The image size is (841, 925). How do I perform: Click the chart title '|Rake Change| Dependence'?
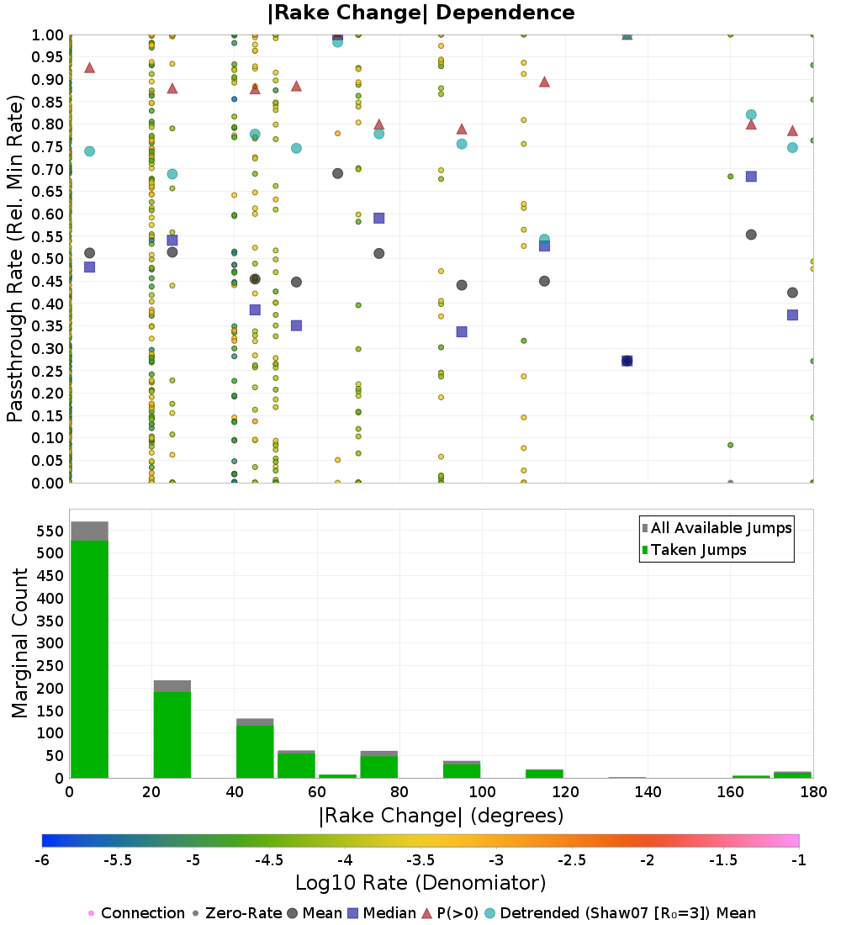pos(420,13)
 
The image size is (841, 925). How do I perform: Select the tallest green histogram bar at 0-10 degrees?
pos(90,659)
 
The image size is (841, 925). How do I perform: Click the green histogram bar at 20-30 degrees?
pos(172,735)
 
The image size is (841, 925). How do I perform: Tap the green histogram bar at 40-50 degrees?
pos(255,752)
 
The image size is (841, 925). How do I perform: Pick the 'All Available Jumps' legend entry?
pos(717,528)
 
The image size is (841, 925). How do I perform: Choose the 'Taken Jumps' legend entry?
pos(695,550)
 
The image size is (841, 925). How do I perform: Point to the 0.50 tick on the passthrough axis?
pos(47,259)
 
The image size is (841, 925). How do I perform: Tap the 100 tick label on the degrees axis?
pos(482,791)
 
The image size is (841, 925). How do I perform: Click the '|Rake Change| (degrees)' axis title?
pos(442,816)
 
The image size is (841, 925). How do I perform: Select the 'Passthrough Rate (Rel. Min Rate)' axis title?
pos(15,258)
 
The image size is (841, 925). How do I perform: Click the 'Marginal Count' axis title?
pos(19,643)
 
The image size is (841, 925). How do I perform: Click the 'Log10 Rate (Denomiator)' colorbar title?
pos(420,883)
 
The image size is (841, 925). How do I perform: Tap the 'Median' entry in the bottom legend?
pos(381,913)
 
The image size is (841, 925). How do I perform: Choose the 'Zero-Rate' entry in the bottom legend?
pos(237,913)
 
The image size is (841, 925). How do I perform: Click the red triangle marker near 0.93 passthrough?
pos(90,67)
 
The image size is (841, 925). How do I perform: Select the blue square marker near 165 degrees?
pos(751,177)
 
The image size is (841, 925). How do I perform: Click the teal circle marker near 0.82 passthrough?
pos(751,115)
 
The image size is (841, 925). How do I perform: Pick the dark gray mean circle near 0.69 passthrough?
pos(337,173)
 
